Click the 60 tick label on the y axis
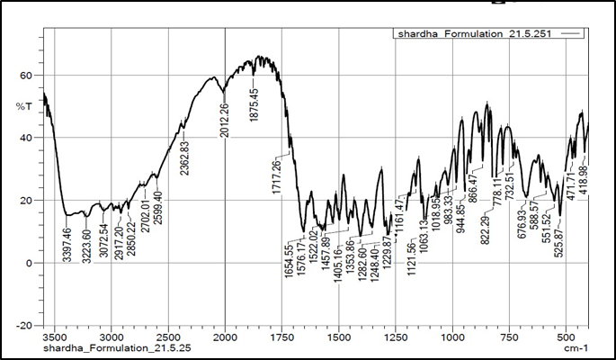pyautogui.click(x=27, y=76)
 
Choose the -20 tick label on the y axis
pyautogui.click(x=25, y=325)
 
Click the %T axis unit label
pyautogui.click(x=24, y=107)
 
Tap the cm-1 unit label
pyautogui.click(x=576, y=347)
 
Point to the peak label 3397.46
pyautogui.click(x=67, y=241)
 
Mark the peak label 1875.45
pyautogui.click(x=255, y=104)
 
